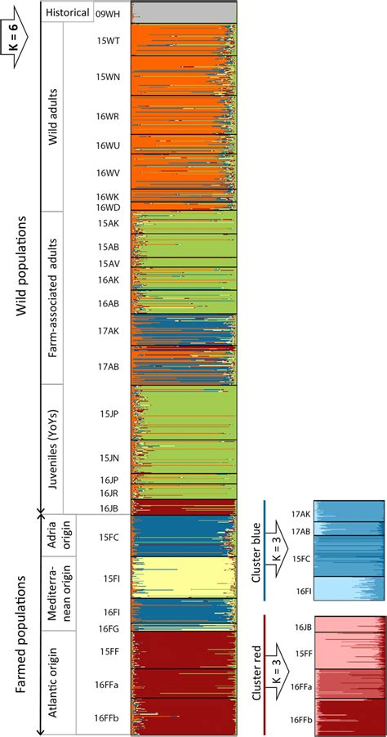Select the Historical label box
(x=67, y=13)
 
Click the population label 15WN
(x=108, y=77)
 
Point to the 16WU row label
(x=108, y=145)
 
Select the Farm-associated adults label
(x=53, y=297)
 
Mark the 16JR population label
(x=110, y=493)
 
